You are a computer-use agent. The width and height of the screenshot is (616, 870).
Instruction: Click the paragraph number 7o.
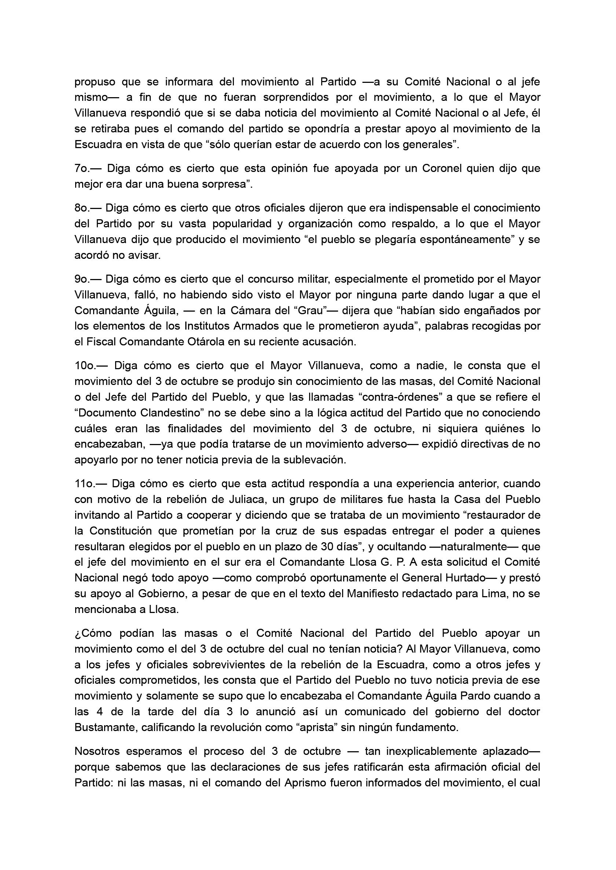(x=82, y=168)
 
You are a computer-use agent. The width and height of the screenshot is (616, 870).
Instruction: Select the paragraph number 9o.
(x=82, y=279)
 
